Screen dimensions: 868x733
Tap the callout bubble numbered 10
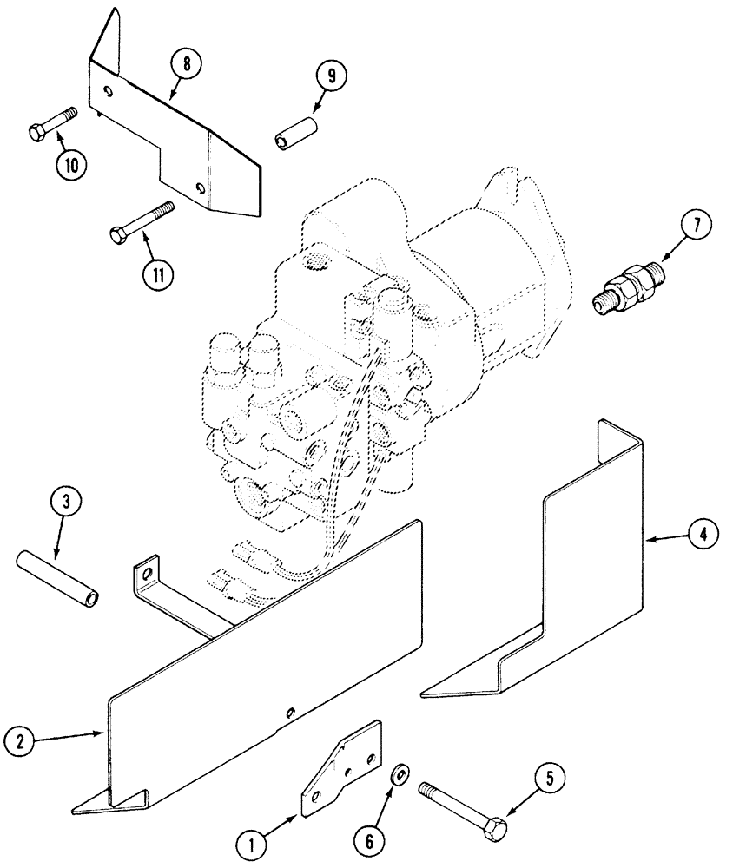point(74,164)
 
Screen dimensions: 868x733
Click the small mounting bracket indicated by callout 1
point(341,769)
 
